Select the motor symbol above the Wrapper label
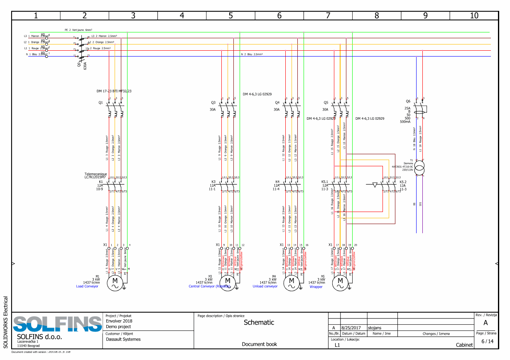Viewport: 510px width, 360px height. pos(340,283)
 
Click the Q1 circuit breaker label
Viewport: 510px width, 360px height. pos(101,102)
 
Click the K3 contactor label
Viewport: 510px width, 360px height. pos(213,182)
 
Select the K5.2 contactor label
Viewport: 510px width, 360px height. pos(403,182)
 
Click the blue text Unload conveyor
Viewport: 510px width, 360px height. pos(265,286)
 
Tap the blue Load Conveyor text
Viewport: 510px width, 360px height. pos(87,286)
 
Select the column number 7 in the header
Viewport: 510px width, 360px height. pos(328,16)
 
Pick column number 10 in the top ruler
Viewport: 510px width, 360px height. pos(474,16)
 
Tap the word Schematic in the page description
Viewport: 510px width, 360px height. pos(259,322)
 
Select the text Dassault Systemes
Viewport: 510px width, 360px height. pos(123,339)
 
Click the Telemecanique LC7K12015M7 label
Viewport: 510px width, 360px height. pos(96,176)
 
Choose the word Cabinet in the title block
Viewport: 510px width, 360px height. pos(464,345)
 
